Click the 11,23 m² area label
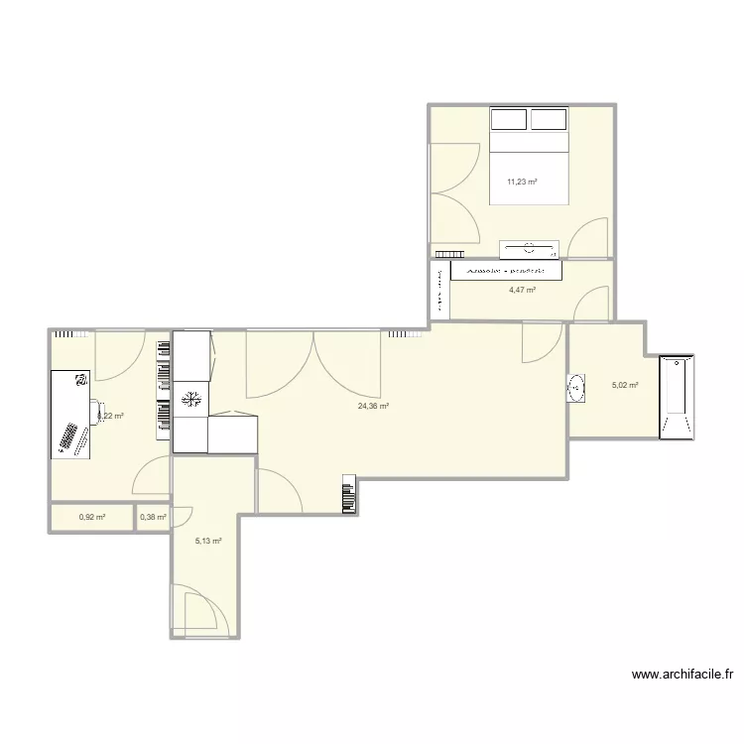point(522,182)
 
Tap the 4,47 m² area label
point(523,290)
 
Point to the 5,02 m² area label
point(625,386)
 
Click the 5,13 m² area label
point(208,541)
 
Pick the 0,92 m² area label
point(92,517)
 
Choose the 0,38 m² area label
point(152,517)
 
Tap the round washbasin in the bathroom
point(576,388)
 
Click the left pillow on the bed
point(508,119)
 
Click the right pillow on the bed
point(549,119)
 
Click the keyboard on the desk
point(69,437)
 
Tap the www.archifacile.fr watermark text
point(683,675)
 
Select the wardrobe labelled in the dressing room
point(506,269)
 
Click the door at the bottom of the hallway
point(194,607)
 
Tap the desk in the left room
point(69,414)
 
